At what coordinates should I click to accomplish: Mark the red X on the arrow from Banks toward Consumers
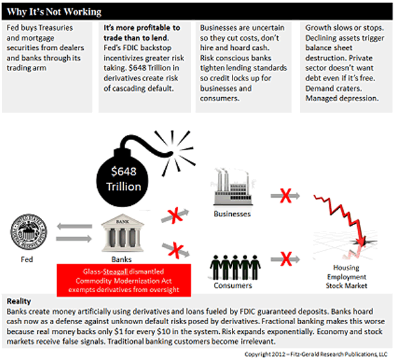point(171,249)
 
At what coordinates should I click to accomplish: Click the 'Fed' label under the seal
point(26,260)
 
